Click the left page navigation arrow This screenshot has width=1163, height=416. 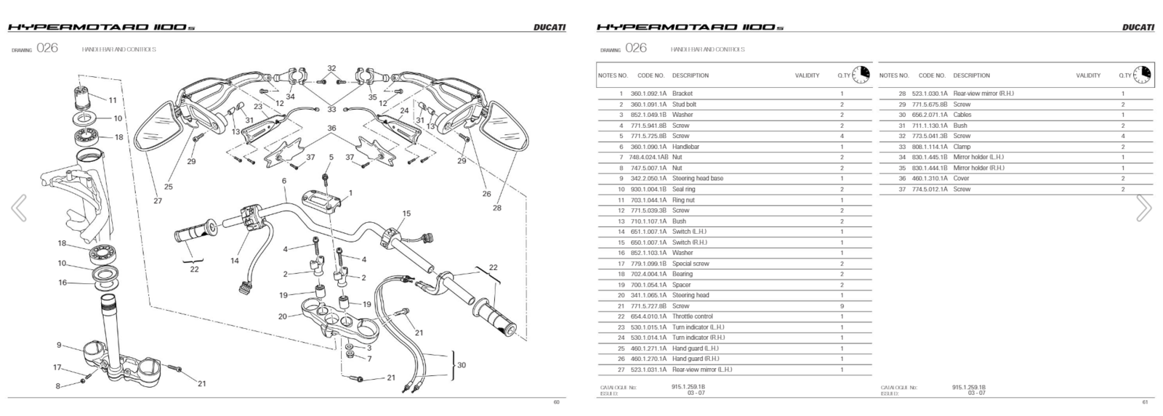coord(19,208)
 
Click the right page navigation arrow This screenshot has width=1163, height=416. coord(1143,208)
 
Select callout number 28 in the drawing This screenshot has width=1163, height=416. coord(497,208)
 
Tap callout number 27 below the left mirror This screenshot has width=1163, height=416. coord(158,201)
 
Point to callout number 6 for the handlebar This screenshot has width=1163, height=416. coord(284,181)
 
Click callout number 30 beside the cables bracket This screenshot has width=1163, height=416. coord(461,365)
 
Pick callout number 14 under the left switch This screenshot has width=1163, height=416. coord(235,261)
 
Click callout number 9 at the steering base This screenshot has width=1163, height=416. coord(60,346)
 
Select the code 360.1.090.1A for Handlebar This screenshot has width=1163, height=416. coord(648,147)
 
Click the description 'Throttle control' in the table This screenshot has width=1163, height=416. coord(692,317)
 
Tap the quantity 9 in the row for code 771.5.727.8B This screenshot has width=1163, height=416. coord(842,306)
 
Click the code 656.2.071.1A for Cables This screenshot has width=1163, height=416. coord(933,115)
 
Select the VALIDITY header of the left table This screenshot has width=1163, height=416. coord(807,76)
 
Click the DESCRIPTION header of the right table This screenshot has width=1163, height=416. coord(971,76)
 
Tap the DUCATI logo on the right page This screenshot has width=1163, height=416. coord(1138,28)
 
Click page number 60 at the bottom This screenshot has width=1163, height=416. coord(556,402)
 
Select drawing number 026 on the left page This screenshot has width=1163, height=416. coord(47,49)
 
